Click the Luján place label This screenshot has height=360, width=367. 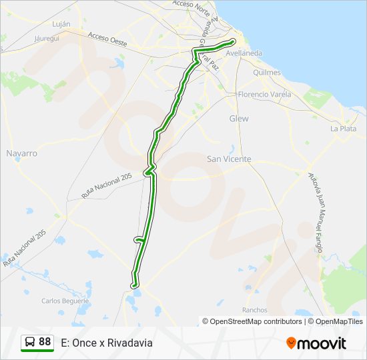61,23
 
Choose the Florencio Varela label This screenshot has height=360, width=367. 265,94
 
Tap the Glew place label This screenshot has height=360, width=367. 239,118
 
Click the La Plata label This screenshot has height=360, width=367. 343,129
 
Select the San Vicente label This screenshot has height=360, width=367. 229,159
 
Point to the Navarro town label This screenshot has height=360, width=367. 21,153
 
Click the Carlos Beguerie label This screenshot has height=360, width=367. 65,301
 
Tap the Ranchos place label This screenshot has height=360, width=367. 255,310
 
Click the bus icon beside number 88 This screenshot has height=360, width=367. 30,342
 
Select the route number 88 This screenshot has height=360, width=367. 45,342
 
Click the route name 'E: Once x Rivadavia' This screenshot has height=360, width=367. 107,343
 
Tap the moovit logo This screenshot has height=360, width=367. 316,343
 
